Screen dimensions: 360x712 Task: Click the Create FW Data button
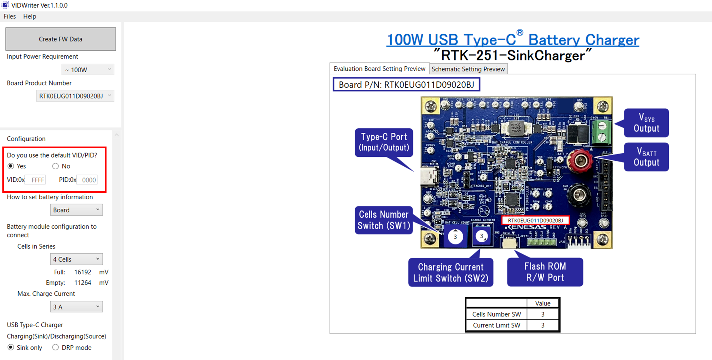coord(60,39)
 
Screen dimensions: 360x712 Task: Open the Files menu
coord(10,17)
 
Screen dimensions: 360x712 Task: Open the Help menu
coord(30,17)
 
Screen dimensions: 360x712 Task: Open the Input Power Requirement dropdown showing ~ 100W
coord(88,70)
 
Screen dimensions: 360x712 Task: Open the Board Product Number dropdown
coord(75,96)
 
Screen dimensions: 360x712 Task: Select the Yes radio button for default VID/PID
coord(11,166)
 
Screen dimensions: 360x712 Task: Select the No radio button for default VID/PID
coord(56,166)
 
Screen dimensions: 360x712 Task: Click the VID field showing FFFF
coord(35,180)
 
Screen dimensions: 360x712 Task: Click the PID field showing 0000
coord(87,180)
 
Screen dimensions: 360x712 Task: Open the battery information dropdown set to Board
coord(76,210)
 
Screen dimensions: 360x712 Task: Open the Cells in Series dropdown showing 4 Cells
coord(76,259)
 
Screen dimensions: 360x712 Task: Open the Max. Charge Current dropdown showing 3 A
coord(76,307)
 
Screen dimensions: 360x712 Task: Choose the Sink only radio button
coord(11,347)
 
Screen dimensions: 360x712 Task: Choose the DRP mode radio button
coord(56,347)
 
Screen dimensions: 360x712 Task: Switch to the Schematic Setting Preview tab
coord(468,69)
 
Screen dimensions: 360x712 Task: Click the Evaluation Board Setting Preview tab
coord(379,69)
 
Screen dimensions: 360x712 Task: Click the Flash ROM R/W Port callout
coord(545,272)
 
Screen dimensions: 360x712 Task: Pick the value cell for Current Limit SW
coord(543,325)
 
